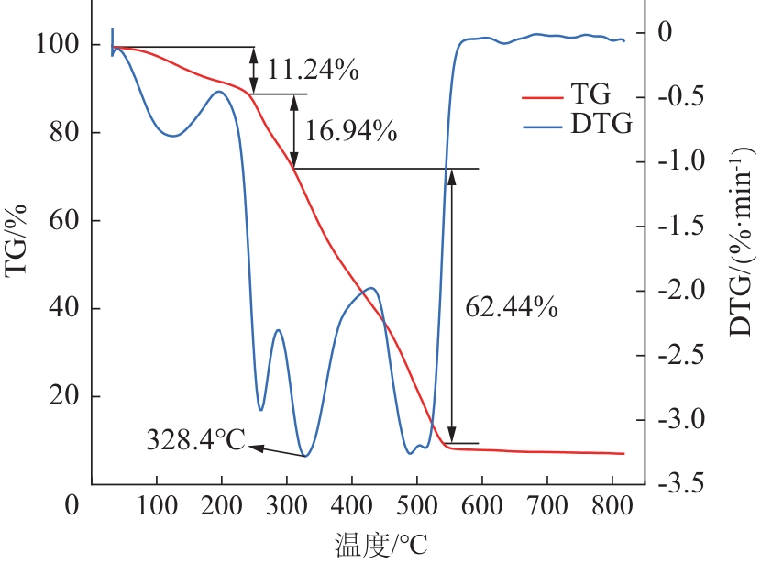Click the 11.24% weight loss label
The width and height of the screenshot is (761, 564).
click(x=313, y=69)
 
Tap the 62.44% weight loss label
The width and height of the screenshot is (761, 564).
click(x=513, y=308)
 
